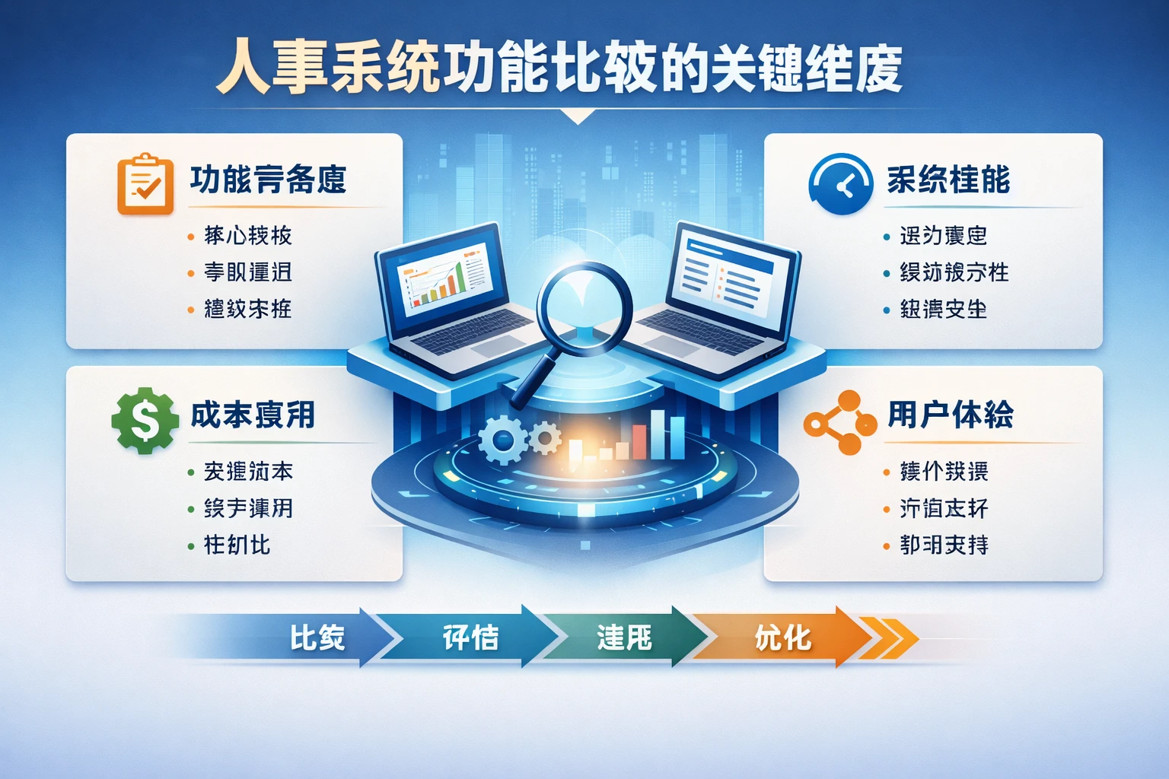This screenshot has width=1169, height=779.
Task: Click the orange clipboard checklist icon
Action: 145,184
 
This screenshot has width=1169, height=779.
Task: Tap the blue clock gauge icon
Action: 840,184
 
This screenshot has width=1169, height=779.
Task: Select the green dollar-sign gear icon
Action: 145,420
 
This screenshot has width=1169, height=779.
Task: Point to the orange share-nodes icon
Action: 839,423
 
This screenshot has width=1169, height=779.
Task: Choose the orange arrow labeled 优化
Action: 784,638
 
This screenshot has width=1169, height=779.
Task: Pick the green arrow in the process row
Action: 624,638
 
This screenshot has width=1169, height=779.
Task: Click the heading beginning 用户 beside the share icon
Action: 950,415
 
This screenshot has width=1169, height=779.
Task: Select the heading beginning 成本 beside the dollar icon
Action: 252,415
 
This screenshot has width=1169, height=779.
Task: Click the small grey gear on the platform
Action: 544,438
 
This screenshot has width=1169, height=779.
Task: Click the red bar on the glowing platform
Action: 639,442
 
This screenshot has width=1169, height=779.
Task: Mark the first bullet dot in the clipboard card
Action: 190,237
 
